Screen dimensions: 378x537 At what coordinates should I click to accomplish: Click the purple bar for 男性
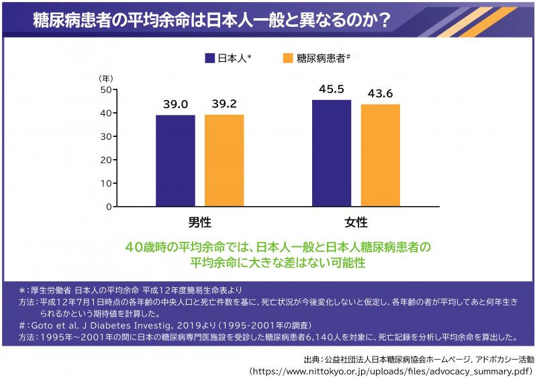pyautogui.click(x=176, y=160)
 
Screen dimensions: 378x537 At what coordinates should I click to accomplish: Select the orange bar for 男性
pyautogui.click(x=224, y=160)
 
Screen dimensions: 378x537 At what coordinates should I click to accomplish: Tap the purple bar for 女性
pyautogui.click(x=332, y=153)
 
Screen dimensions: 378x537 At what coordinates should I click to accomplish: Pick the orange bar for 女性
pyautogui.click(x=380, y=155)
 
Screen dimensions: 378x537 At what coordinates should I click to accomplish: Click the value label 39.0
pyautogui.click(x=176, y=104)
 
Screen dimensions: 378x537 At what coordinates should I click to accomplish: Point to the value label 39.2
pyautogui.click(x=224, y=104)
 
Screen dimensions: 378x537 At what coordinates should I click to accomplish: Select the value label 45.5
pyautogui.click(x=332, y=89)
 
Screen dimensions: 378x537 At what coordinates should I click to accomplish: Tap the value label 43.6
pyautogui.click(x=380, y=93)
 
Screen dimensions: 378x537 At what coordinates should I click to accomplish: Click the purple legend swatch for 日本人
pyautogui.click(x=210, y=58)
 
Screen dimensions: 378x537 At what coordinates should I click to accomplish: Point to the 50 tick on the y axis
pyautogui.click(x=105, y=89)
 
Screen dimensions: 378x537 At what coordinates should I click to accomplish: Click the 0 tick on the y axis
pyautogui.click(x=108, y=207)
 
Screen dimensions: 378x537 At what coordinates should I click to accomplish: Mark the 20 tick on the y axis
pyautogui.click(x=105, y=160)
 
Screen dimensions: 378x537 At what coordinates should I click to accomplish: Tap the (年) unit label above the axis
pyautogui.click(x=106, y=78)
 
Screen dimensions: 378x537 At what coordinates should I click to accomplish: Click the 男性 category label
pyautogui.click(x=200, y=222)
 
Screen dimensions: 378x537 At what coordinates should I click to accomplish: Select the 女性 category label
pyautogui.click(x=356, y=222)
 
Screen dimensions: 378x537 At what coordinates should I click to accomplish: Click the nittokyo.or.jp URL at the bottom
pyautogui.click(x=389, y=370)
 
